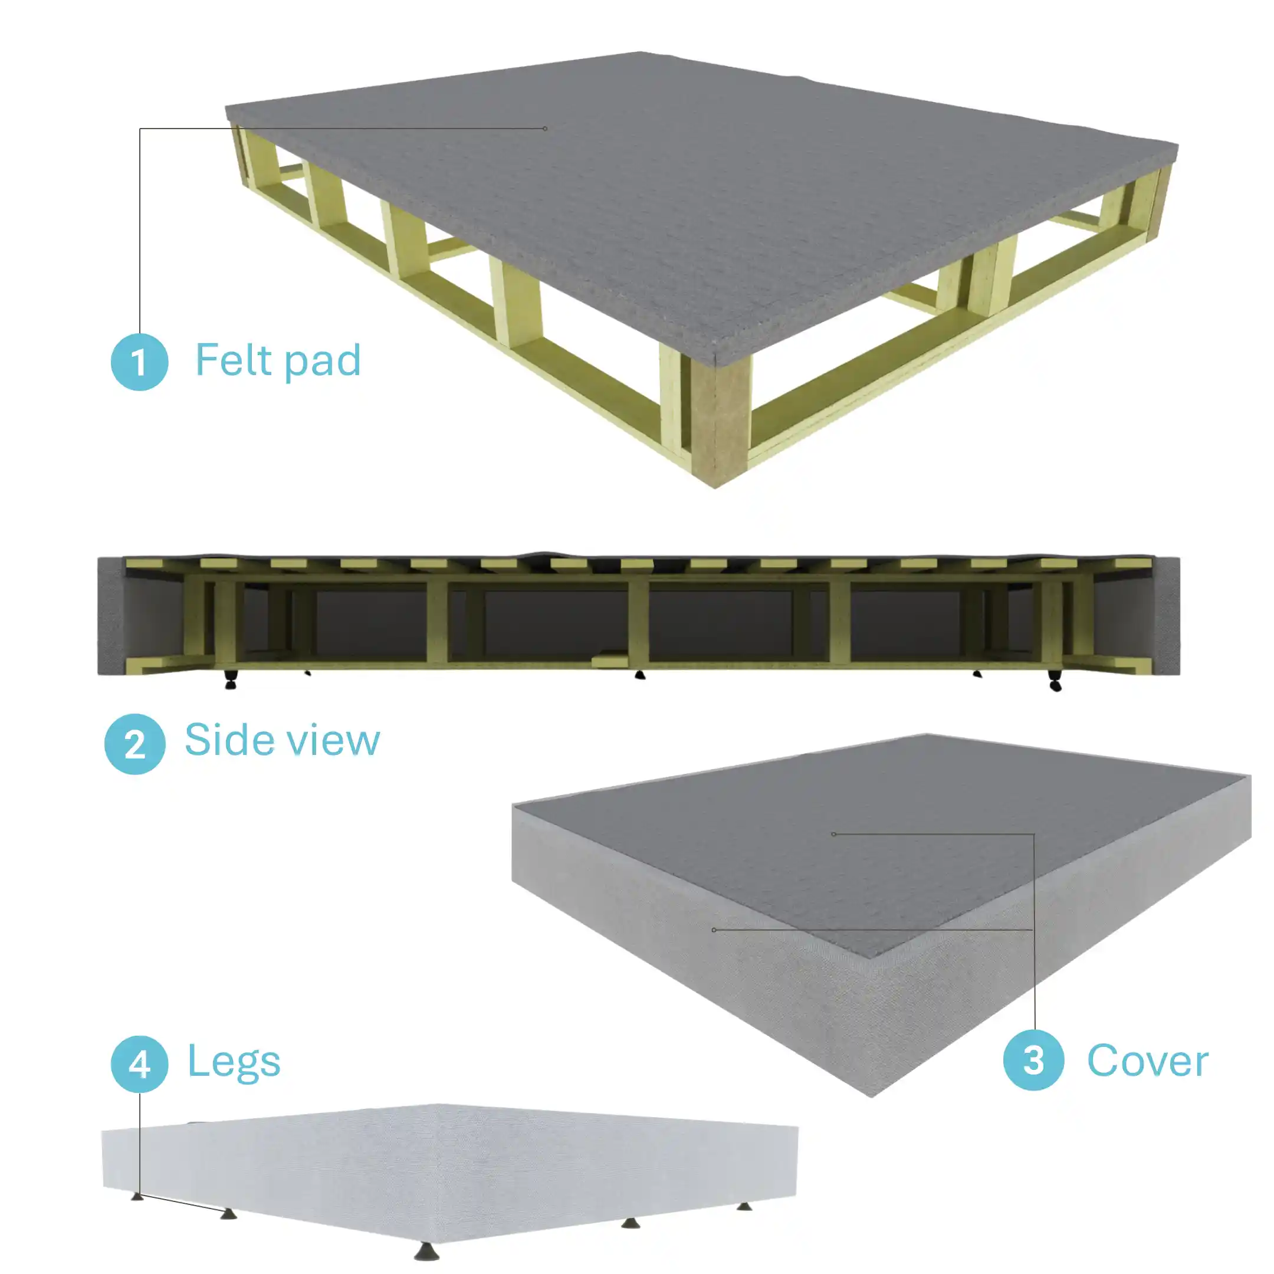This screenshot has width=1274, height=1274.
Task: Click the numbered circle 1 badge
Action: tap(139, 362)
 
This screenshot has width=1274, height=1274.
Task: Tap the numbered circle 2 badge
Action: tap(134, 744)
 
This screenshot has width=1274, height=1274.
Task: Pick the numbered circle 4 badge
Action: tap(139, 1063)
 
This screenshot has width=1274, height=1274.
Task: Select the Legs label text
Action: tap(234, 1062)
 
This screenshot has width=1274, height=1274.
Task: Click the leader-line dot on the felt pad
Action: tap(544, 129)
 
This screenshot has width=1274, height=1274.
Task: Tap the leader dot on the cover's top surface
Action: tap(833, 834)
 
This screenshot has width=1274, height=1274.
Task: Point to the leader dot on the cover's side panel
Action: tap(714, 930)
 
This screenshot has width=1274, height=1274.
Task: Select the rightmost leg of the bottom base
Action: tap(744, 1206)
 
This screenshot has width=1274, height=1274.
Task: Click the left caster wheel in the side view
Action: tap(230, 681)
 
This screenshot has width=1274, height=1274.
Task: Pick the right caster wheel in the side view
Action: tap(1055, 682)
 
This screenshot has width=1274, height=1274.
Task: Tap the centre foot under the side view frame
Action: tap(639, 675)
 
